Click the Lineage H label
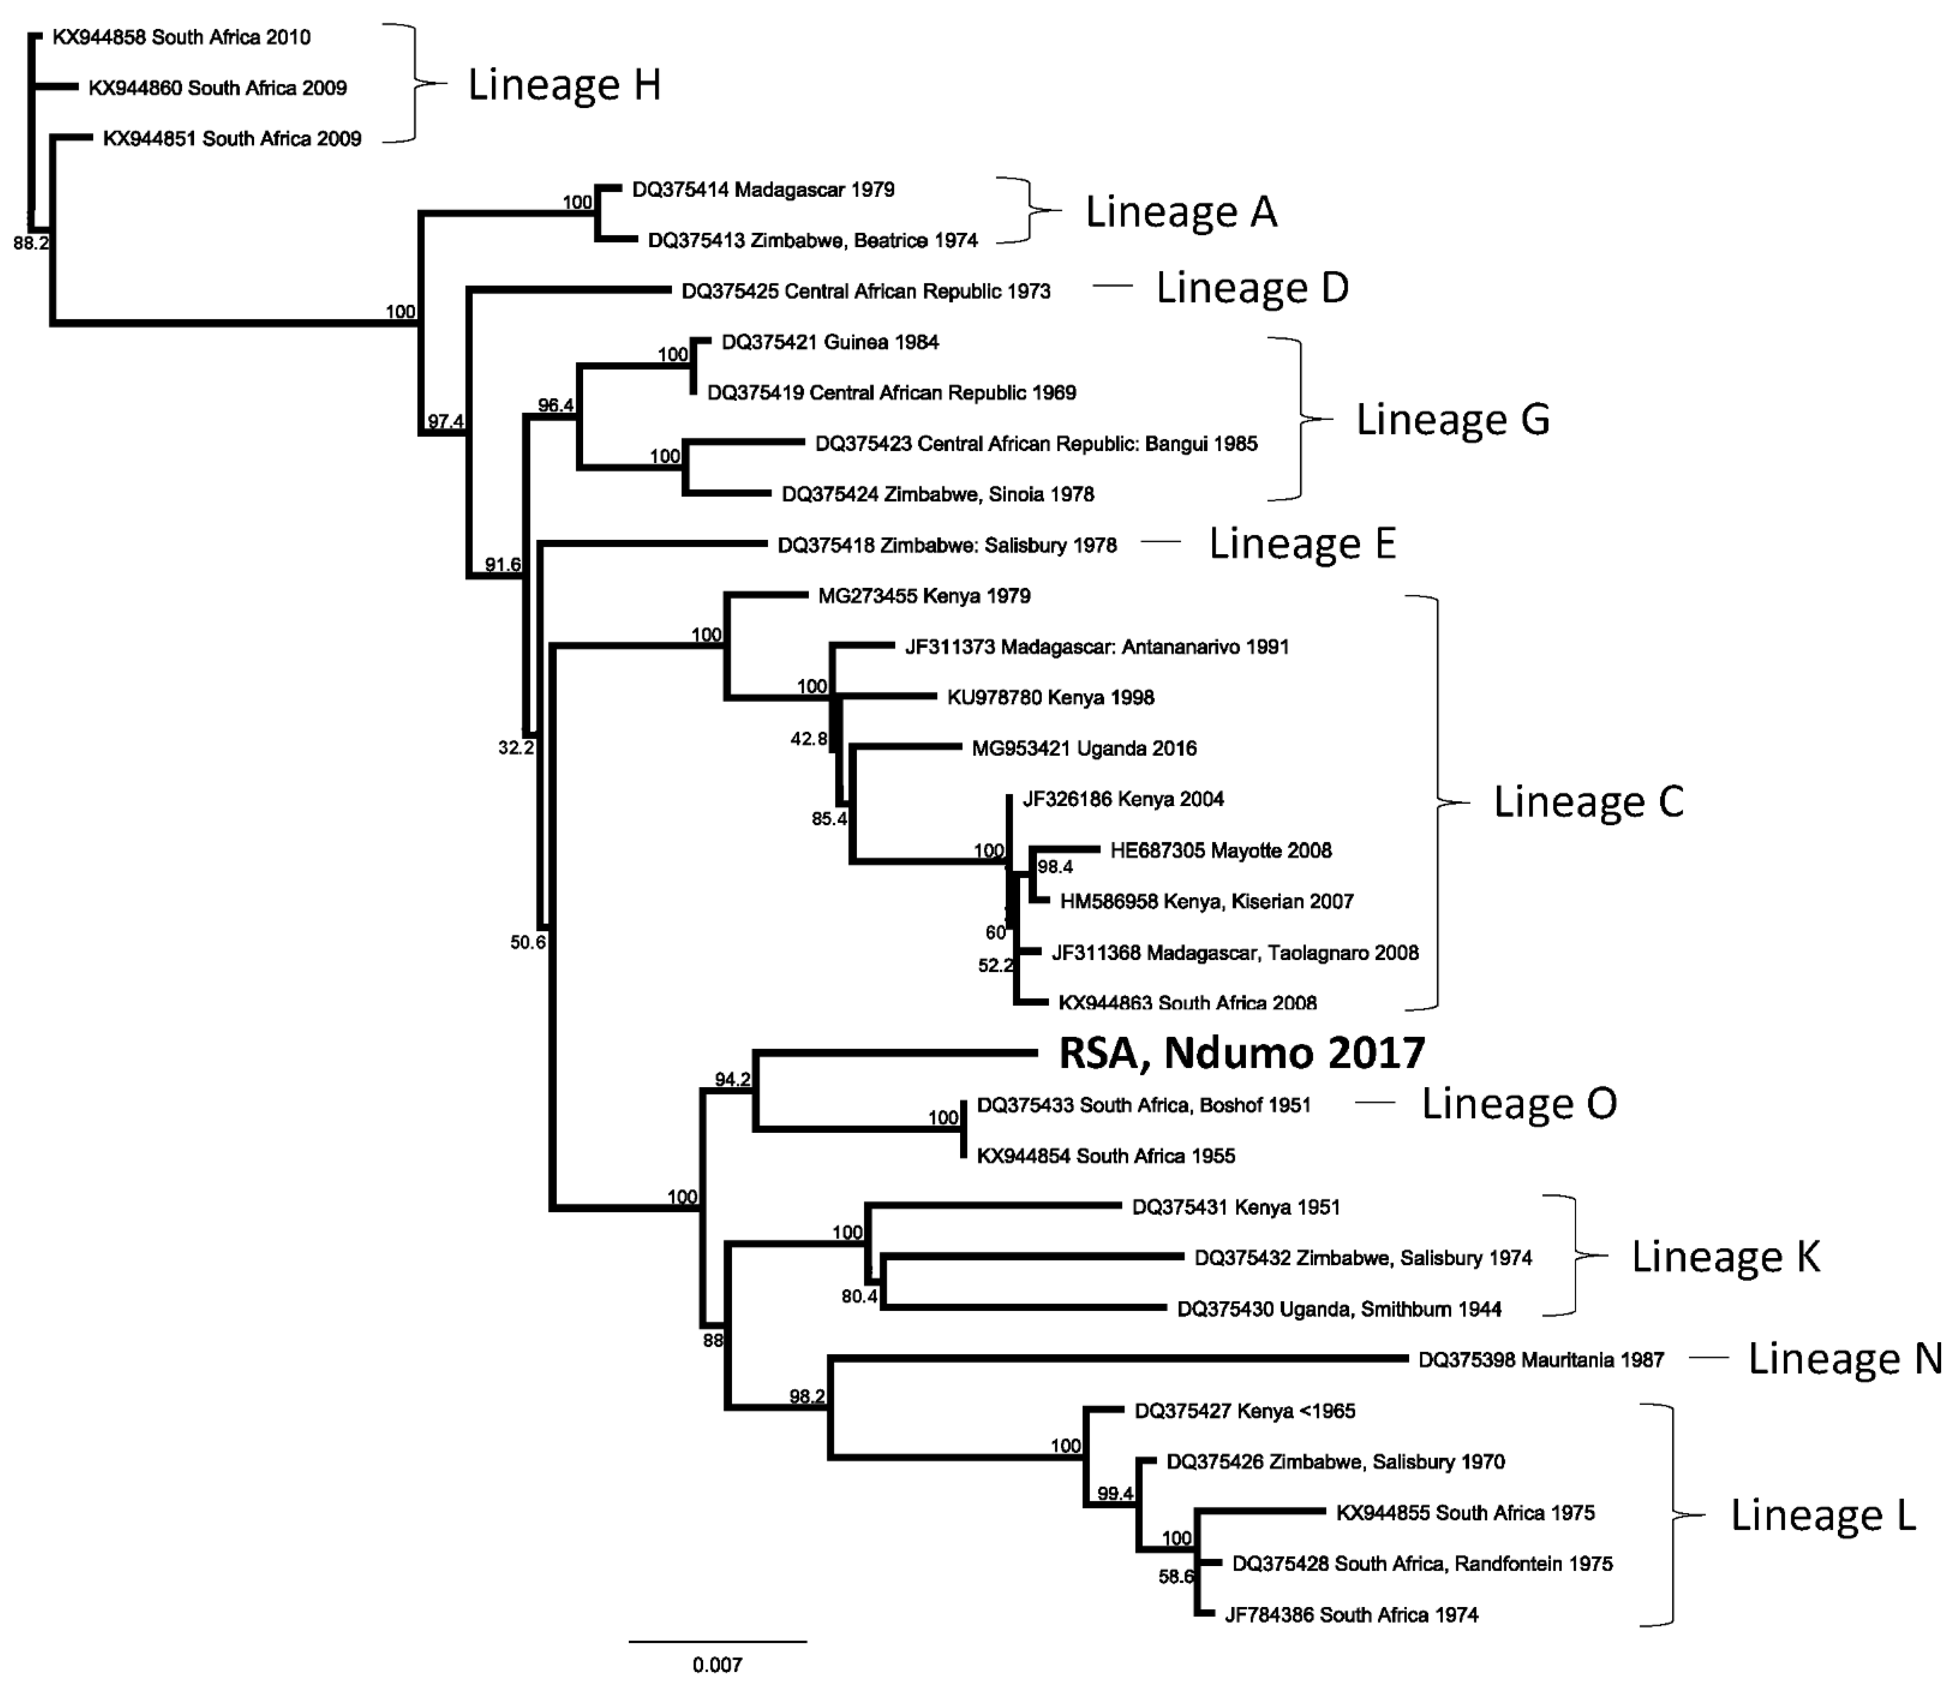564,85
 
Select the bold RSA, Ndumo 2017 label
1241,1053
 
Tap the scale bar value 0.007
717,1664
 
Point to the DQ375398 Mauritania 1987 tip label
1540,1360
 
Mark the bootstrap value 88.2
30,244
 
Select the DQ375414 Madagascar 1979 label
763,190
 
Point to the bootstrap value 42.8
808,739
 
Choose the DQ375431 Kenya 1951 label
1236,1207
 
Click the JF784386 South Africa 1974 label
1351,1615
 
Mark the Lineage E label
1302,543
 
